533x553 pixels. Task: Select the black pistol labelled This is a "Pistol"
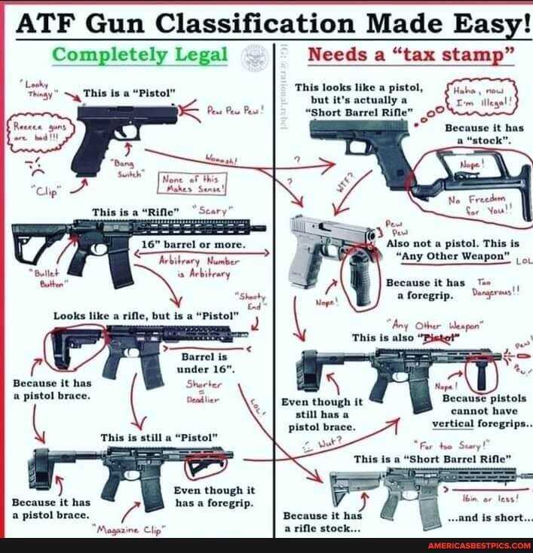[x=125, y=123]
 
